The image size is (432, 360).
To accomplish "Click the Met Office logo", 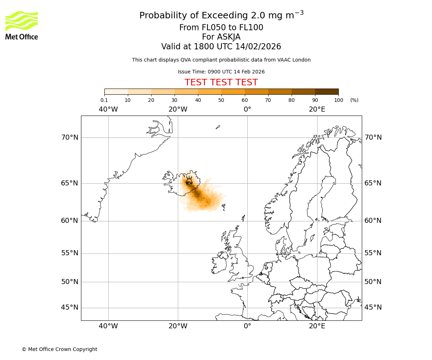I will (22, 25).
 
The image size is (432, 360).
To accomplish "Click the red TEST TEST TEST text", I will (221, 82).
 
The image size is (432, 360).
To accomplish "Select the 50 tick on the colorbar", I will (221, 100).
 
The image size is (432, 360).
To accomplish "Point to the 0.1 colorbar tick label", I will (104, 100).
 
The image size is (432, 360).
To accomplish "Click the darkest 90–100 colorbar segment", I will (327, 91).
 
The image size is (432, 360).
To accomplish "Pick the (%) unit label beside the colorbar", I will (354, 100).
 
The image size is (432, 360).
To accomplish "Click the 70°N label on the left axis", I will (69, 138).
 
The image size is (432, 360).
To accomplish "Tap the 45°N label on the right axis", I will (373, 307).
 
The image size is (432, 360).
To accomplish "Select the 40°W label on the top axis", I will (108, 109).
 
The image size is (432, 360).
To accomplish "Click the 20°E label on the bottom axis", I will (317, 326).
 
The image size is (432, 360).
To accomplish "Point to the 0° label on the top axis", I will (247, 109).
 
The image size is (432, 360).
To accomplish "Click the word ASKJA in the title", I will (229, 37).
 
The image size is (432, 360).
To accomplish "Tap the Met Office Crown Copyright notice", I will (59, 349).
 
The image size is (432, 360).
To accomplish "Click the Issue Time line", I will (221, 72).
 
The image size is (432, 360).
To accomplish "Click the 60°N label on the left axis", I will (69, 221).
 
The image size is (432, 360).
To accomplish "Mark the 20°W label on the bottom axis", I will (178, 326).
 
